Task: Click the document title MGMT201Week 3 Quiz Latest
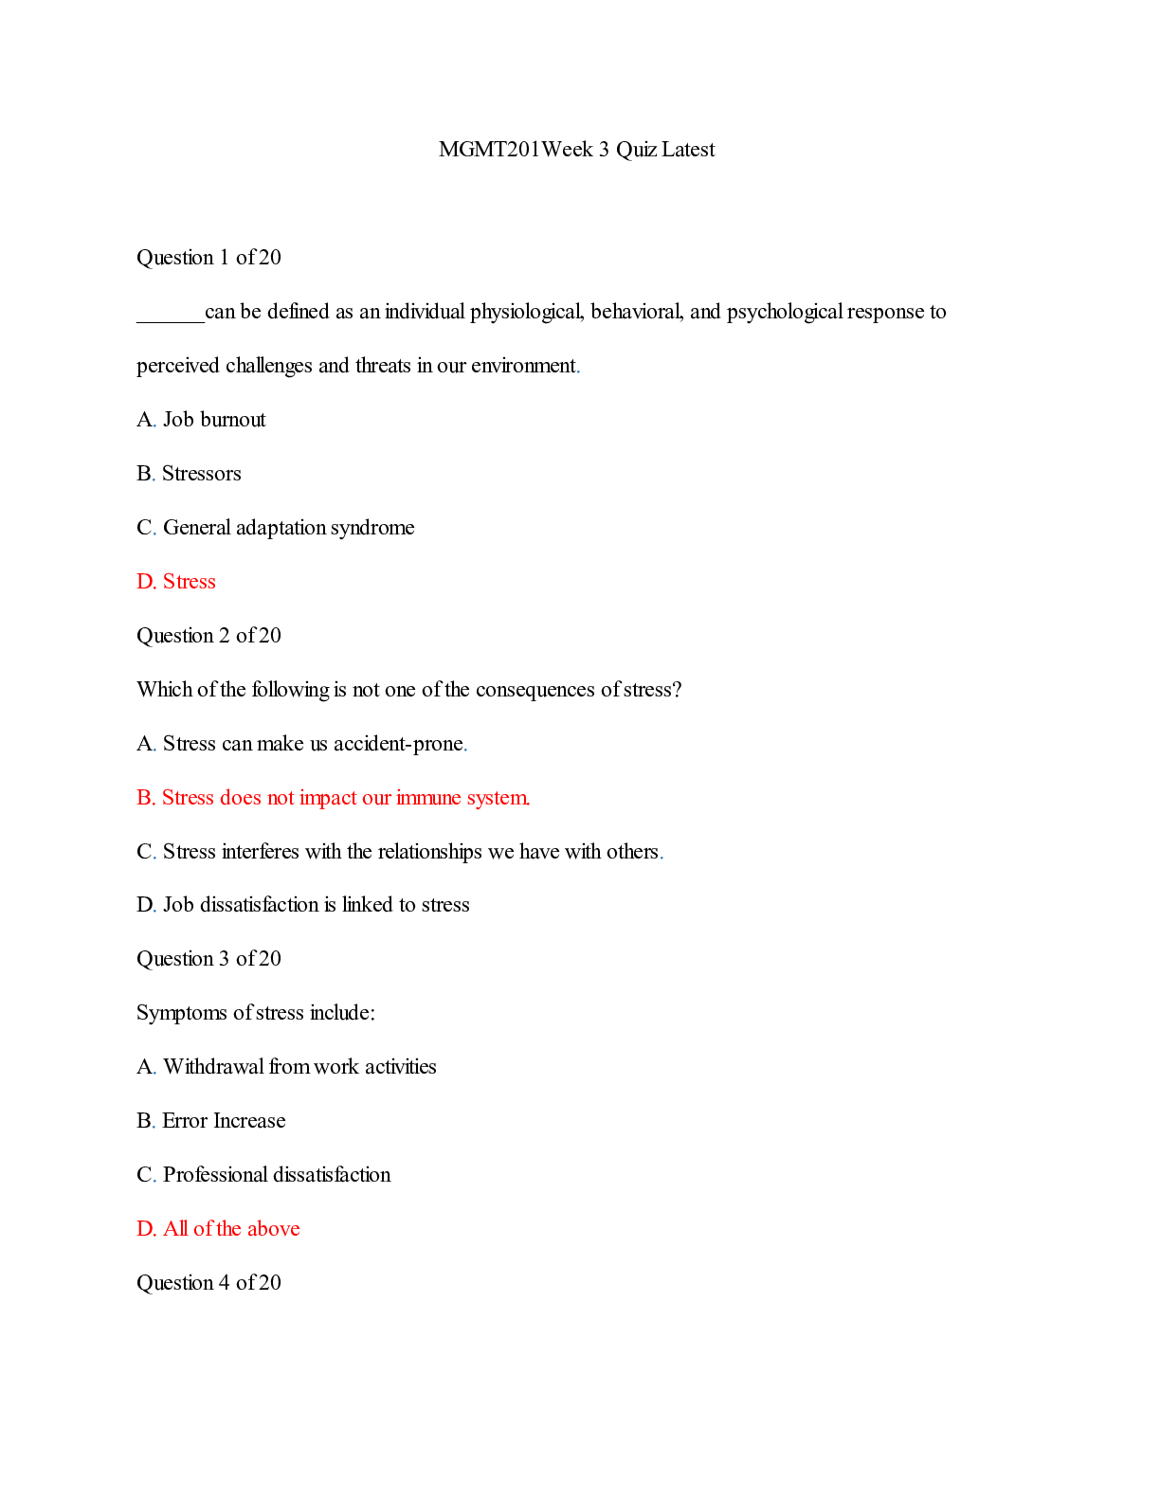(x=576, y=150)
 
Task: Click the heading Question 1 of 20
(x=208, y=258)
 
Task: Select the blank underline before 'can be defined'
(x=170, y=318)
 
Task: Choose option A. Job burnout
(x=201, y=420)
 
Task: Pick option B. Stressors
(x=189, y=474)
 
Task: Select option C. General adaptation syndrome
(x=275, y=528)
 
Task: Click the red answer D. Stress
(x=176, y=582)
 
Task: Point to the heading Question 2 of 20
(x=208, y=636)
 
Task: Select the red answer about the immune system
(x=333, y=798)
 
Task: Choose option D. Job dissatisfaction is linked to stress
(x=302, y=905)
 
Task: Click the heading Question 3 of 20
(x=208, y=959)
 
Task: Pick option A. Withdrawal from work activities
(x=286, y=1067)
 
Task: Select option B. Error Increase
(x=210, y=1121)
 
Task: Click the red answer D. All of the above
(x=218, y=1229)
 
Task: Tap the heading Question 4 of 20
(x=208, y=1283)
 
